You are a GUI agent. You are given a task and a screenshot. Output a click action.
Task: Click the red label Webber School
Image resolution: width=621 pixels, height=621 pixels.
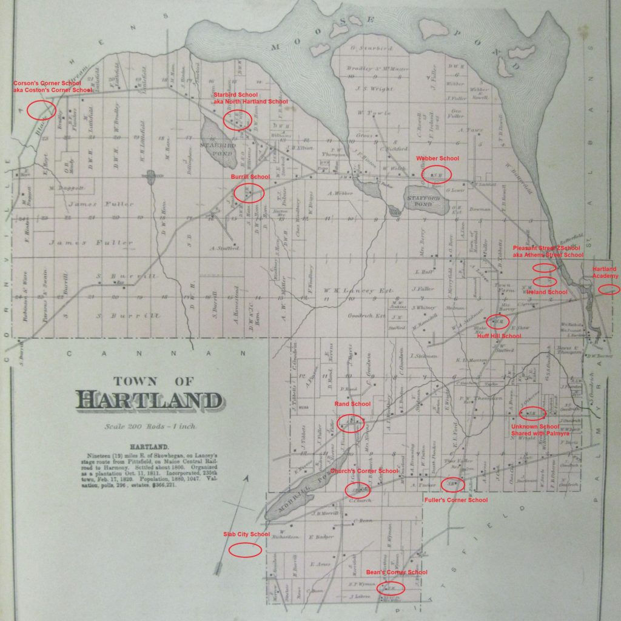click(x=437, y=158)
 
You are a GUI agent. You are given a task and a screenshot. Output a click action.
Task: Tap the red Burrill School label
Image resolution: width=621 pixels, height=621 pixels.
click(x=250, y=176)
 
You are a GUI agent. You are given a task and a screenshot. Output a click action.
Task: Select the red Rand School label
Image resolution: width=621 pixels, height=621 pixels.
click(x=353, y=403)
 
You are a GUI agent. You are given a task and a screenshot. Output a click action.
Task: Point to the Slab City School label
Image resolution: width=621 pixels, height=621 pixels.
click(x=247, y=534)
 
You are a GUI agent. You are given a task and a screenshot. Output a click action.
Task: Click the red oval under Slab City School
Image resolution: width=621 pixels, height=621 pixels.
click(x=245, y=550)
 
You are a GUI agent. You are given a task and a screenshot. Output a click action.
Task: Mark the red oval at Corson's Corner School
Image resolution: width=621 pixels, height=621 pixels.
click(x=42, y=110)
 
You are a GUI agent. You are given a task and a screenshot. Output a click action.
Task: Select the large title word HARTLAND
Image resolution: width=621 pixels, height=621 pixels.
click(x=148, y=401)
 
